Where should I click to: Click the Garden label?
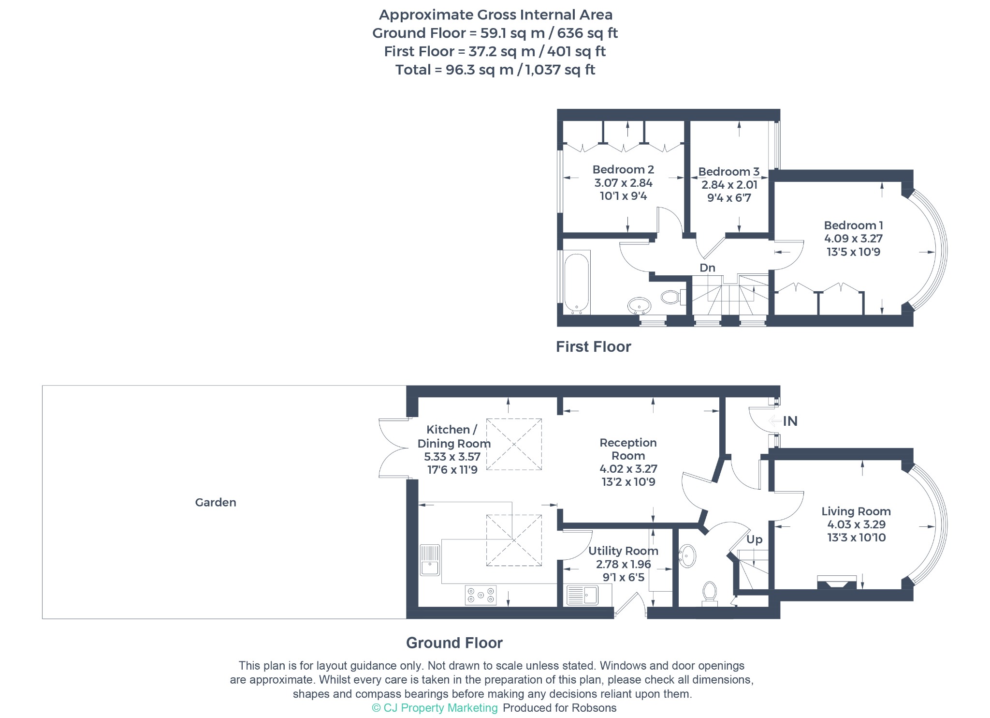216,502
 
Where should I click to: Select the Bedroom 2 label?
623,169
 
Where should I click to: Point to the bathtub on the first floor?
577,283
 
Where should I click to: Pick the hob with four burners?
480,595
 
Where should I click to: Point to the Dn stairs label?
707,268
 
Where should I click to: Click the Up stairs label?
754,539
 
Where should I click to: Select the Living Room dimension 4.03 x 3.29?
856,524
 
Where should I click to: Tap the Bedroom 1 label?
853,225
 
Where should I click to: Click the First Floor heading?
593,346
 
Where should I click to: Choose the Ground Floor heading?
454,643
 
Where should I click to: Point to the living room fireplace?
837,582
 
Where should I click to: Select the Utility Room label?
623,551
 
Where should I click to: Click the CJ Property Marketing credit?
435,708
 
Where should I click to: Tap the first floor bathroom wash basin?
639,306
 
